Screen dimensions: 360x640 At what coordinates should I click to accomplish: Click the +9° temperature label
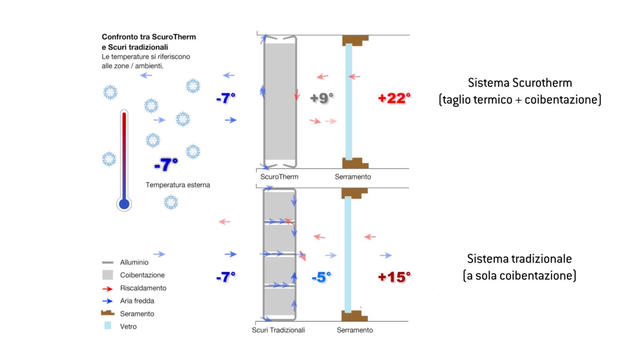tap(322, 98)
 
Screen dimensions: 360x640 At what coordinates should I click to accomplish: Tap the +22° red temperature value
tap(394, 98)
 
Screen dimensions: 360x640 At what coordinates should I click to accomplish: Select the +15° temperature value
tap(394, 277)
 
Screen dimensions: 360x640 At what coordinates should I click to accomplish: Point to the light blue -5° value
tap(322, 277)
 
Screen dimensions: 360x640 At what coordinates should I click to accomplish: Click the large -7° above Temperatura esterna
tap(166, 164)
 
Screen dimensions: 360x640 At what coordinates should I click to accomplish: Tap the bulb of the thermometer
tap(124, 204)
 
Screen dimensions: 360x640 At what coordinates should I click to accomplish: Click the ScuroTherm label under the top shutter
tap(279, 177)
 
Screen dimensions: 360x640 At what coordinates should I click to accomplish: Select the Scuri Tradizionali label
tap(278, 330)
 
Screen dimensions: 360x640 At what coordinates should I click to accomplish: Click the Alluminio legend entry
tap(134, 262)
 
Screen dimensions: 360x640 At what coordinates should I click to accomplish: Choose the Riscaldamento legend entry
tap(143, 288)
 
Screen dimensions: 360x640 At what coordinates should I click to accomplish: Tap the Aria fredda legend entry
tap(137, 301)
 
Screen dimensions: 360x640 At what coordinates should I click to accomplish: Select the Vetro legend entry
tap(128, 326)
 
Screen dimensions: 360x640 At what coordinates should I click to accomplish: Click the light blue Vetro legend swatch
tap(108, 326)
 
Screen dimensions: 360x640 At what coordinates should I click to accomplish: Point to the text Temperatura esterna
tap(178, 185)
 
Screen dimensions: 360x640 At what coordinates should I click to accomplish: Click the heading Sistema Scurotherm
tap(520, 83)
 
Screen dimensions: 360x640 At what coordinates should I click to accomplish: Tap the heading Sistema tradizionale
tap(519, 259)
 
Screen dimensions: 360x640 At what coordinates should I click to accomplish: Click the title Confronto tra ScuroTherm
tap(149, 37)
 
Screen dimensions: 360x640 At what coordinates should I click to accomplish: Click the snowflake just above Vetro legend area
tap(171, 202)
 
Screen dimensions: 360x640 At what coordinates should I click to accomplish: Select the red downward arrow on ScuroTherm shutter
tap(297, 94)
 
